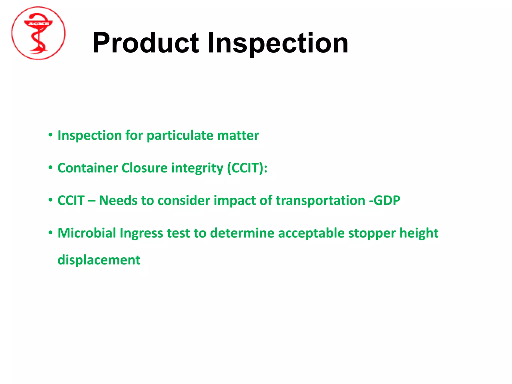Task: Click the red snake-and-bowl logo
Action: pyautogui.click(x=38, y=33)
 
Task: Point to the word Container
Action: pyautogui.click(x=87, y=168)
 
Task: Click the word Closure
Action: pyautogui.click(x=144, y=168)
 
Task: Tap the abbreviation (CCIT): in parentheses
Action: pyautogui.click(x=247, y=168)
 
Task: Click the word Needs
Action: pyautogui.click(x=118, y=200)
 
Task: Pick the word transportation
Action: pyautogui.click(x=320, y=201)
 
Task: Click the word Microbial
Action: pyautogui.click(x=87, y=233)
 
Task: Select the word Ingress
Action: pyautogui.click(x=141, y=233)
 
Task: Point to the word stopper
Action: pyautogui.click(x=371, y=233)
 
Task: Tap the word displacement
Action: pyautogui.click(x=99, y=260)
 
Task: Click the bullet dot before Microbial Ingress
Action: pyautogui.click(x=50, y=233)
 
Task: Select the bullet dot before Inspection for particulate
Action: pyautogui.click(x=50, y=135)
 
